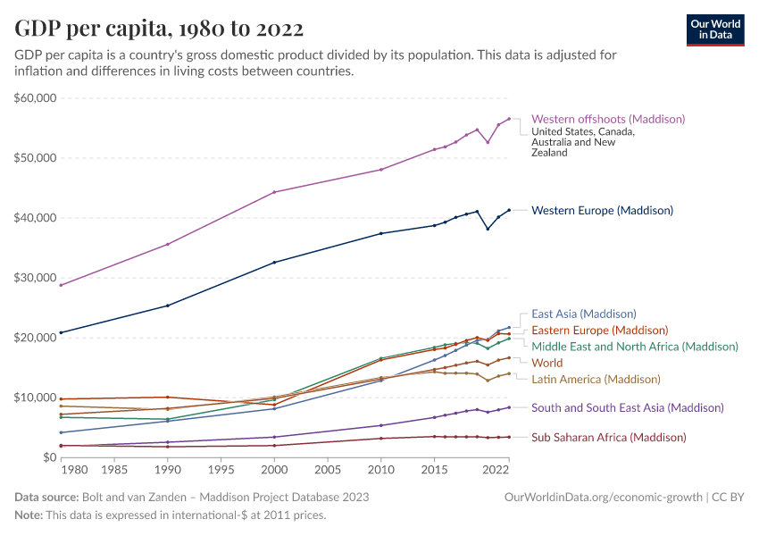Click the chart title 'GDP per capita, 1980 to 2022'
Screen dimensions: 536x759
[x=158, y=29]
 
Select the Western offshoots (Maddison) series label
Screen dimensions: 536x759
[x=607, y=119]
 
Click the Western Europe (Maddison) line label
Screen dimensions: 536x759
[x=602, y=211]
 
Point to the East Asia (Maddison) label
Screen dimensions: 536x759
[x=583, y=314]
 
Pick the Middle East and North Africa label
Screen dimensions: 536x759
[x=634, y=346]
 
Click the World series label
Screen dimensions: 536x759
[x=546, y=363]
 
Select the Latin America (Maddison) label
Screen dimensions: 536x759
[x=596, y=379]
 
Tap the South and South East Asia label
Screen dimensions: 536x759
[x=627, y=407]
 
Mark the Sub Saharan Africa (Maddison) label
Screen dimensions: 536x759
[x=608, y=437]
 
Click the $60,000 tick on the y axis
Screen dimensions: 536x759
[x=36, y=97]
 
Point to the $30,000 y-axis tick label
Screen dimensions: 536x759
[x=36, y=278]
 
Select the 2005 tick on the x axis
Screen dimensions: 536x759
[x=328, y=469]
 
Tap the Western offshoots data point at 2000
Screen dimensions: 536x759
[x=274, y=192]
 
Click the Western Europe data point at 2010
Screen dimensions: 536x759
[x=381, y=233]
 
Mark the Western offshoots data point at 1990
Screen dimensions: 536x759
[x=168, y=244]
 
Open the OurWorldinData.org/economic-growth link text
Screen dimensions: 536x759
[x=605, y=497]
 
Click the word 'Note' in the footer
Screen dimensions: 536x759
[x=29, y=515]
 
